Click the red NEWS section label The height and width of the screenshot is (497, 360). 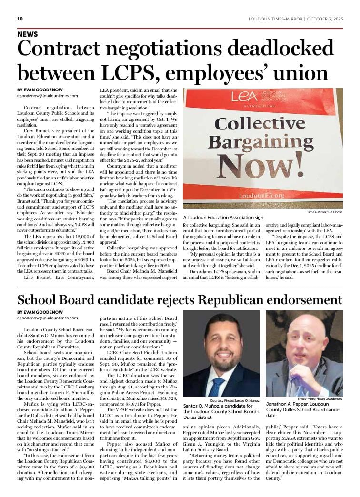point(27,34)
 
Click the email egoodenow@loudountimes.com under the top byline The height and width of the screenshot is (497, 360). point(47,96)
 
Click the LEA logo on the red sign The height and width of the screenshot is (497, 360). point(244,97)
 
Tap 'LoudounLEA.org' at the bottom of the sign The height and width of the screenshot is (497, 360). point(261,195)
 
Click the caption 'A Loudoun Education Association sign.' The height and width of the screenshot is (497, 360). point(223,217)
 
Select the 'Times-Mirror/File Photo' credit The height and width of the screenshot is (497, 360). point(324,211)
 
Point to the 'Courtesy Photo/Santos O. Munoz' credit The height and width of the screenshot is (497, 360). point(234,401)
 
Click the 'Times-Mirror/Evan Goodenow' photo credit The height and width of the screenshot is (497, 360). point(320,398)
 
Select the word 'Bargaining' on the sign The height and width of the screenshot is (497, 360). point(261,143)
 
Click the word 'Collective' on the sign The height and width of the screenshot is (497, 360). point(261,124)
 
